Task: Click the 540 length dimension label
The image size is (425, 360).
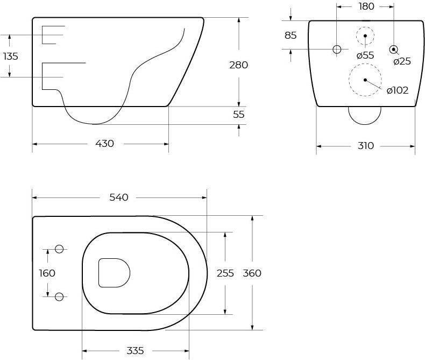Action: point(119,197)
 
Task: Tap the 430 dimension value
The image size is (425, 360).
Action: point(104,143)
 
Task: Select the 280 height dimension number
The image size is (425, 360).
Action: point(238,65)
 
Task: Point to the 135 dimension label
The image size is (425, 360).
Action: point(11,57)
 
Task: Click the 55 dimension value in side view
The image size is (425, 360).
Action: point(239,115)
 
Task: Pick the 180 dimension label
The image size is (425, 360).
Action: point(366,6)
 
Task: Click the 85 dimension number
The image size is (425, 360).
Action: point(291,35)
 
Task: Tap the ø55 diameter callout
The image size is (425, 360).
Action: point(365,55)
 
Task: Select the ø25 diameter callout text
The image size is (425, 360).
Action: point(402,61)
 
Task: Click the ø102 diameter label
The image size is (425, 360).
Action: point(398,90)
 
